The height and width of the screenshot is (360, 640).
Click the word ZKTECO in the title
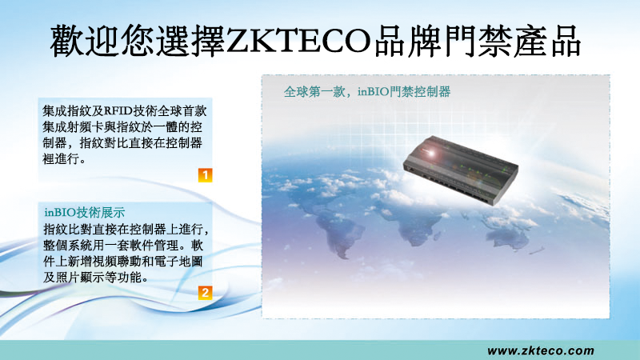click(x=298, y=42)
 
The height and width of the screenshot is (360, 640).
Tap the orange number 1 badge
click(x=206, y=175)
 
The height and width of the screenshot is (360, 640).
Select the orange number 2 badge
click(x=206, y=293)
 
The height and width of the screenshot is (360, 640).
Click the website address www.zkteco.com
click(x=541, y=350)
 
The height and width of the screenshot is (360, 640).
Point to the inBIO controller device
click(x=461, y=170)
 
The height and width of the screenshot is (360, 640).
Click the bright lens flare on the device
click(x=430, y=153)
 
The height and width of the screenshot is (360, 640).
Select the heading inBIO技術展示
click(x=85, y=213)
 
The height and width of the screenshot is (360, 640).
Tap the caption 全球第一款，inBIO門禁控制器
click(x=367, y=91)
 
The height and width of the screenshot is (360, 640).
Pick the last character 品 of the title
click(x=566, y=42)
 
